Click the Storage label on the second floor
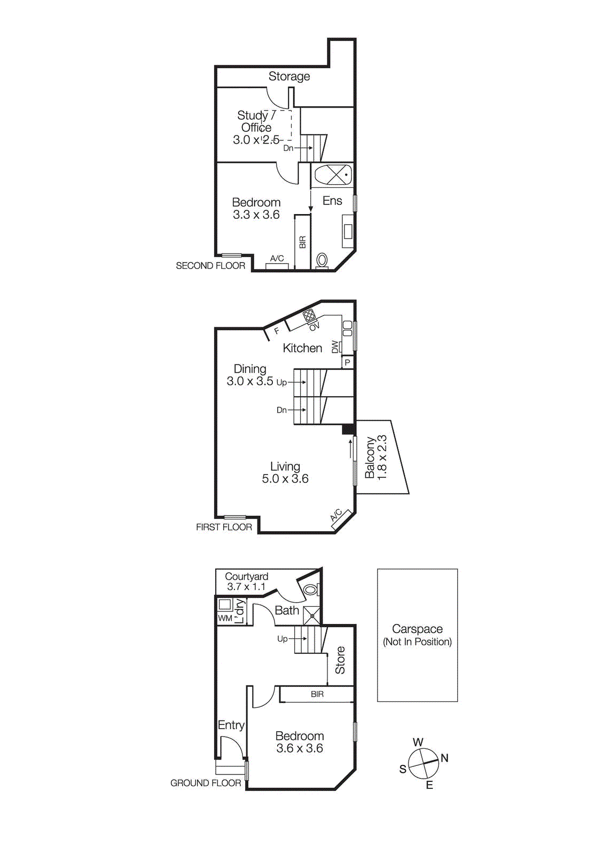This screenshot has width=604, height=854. point(289,76)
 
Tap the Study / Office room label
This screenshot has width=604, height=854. point(256,122)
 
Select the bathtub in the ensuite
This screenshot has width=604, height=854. point(333,175)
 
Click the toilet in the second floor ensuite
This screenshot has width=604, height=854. point(322,260)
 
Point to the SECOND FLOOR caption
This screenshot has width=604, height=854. point(210,266)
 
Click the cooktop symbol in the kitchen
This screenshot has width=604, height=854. point(309,316)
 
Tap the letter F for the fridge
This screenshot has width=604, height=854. point(277,331)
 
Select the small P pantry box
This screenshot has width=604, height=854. point(348,362)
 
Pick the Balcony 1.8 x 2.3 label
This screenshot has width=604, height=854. point(375,457)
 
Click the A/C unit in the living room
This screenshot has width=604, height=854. point(340,519)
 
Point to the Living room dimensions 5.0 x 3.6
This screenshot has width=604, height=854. point(285,479)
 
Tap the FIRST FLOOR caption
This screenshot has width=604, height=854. point(224,527)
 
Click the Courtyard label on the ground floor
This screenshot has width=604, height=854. point(246,576)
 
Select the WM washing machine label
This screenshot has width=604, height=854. point(225,618)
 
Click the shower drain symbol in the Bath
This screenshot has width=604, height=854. point(312,616)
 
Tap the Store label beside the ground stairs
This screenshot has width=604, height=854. point(340,660)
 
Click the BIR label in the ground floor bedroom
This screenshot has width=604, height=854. point(317,694)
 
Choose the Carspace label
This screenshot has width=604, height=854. point(417,629)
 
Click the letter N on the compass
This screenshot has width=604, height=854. point(444,758)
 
